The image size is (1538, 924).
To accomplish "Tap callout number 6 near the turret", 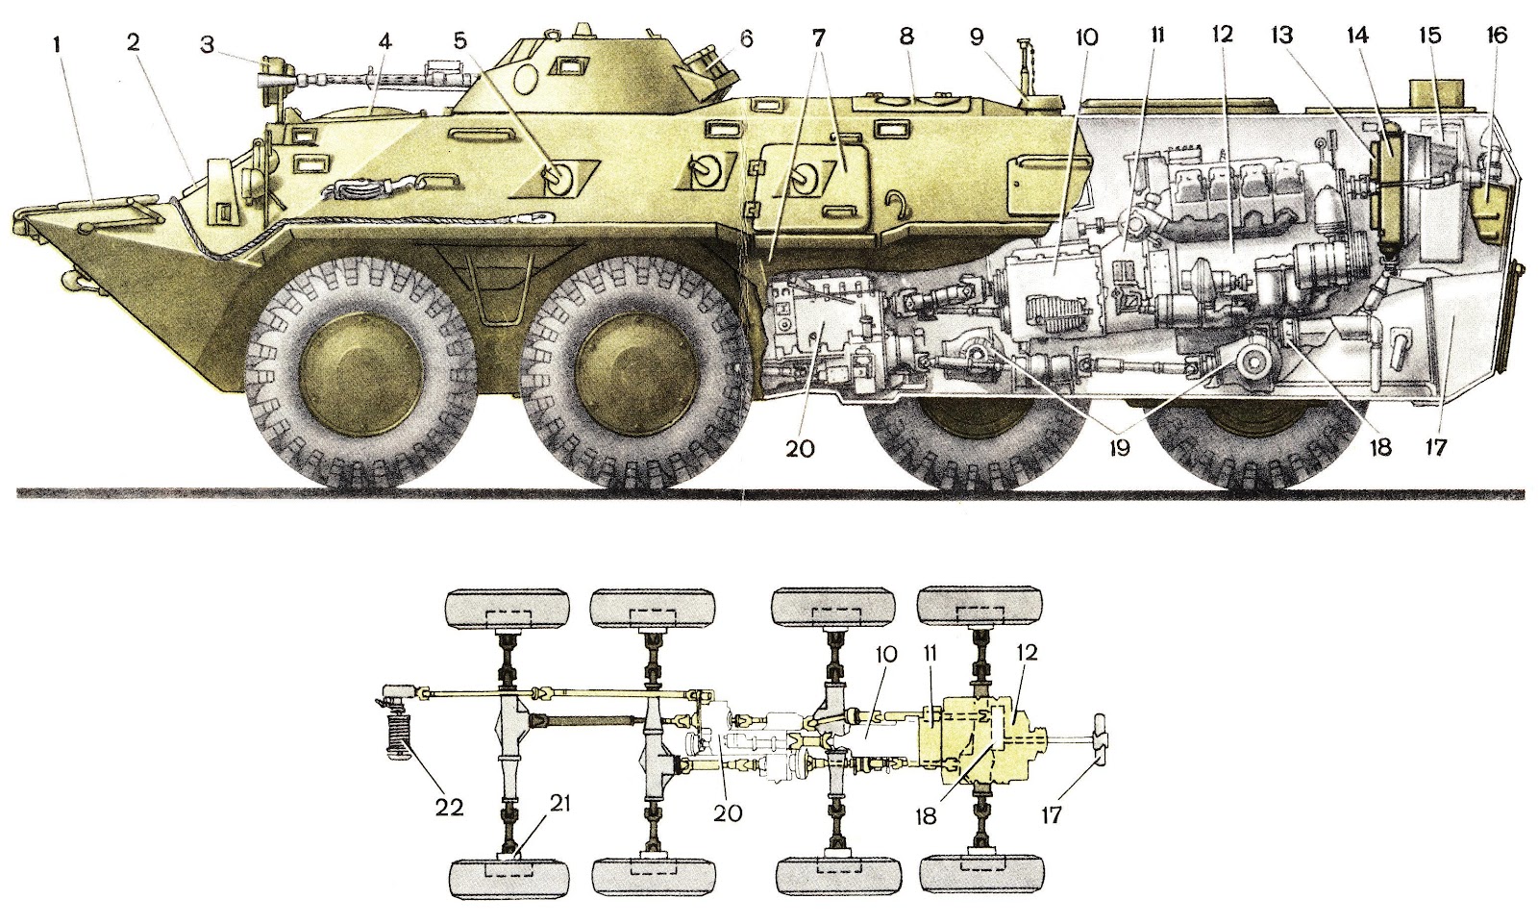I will (746, 39).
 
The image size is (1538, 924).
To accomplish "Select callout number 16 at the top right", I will (1496, 36).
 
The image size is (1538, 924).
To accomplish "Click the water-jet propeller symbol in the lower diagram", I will (1098, 739).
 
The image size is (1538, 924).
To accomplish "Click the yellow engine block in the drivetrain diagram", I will (971, 739).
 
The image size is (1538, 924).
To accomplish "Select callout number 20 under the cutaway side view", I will (800, 448).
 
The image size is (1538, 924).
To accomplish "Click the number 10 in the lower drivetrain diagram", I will (885, 653).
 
